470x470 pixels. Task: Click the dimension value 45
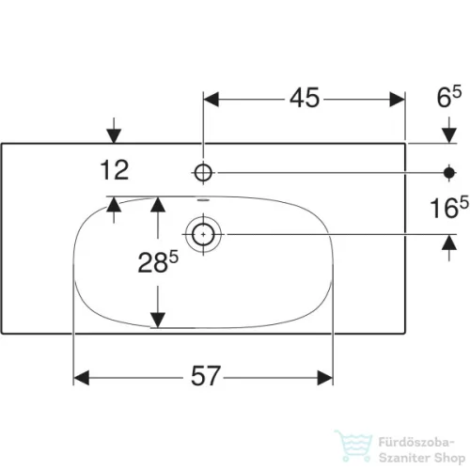point(305,98)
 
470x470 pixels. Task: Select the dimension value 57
point(206,376)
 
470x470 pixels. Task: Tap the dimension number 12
point(115,170)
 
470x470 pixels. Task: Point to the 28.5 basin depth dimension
point(158,261)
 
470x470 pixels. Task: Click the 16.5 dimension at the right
point(449,207)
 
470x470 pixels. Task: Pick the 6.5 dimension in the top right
point(449,98)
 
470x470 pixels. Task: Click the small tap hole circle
point(203,173)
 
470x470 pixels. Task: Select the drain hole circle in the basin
point(203,234)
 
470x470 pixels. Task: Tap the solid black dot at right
point(449,173)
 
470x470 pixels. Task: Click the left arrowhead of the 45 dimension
point(211,100)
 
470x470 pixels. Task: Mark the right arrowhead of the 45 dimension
point(397,100)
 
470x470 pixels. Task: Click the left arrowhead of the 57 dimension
point(81,378)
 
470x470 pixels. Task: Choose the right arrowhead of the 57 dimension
point(325,378)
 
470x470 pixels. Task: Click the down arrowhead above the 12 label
point(114,136)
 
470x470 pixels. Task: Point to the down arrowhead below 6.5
point(449,136)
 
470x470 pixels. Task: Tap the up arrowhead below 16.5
point(449,243)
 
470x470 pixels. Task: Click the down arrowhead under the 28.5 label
point(158,321)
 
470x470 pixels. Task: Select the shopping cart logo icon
point(353,446)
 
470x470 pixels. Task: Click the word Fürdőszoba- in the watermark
point(416,443)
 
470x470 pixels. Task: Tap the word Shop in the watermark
point(450,458)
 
